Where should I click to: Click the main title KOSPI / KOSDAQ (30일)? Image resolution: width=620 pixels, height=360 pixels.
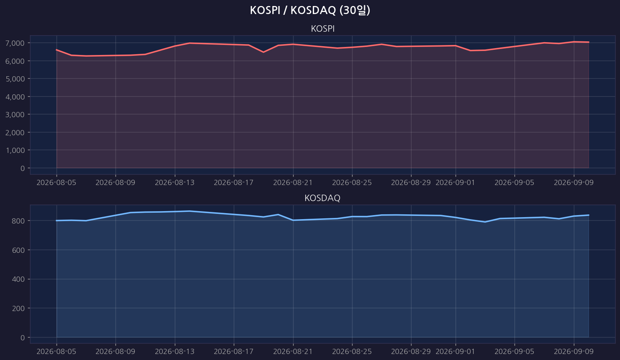pyautogui.click(x=310, y=10)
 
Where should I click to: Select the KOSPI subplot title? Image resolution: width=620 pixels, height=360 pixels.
pyautogui.click(x=323, y=29)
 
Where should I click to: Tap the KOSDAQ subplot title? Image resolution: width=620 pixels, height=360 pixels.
pyautogui.click(x=322, y=198)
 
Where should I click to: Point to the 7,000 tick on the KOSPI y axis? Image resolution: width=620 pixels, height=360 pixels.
pyautogui.click(x=15, y=43)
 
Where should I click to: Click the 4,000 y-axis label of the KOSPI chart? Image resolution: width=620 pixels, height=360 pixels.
pyautogui.click(x=15, y=97)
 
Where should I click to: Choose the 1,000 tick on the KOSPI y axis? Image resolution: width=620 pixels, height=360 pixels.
pyautogui.click(x=15, y=150)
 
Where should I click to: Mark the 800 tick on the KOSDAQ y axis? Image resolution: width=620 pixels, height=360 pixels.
pyautogui.click(x=18, y=221)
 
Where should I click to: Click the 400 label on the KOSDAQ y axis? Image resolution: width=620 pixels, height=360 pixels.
pyautogui.click(x=18, y=279)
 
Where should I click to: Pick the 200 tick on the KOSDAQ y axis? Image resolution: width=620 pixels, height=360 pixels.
pyautogui.click(x=18, y=308)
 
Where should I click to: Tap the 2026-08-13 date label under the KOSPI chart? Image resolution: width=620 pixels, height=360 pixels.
pyautogui.click(x=175, y=183)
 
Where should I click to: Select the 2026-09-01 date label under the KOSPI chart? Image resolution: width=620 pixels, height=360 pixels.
pyautogui.click(x=455, y=183)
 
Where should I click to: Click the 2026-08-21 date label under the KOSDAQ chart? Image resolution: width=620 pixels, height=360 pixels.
pyautogui.click(x=293, y=352)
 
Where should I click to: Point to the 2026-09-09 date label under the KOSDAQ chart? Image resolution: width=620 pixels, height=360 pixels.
pyautogui.click(x=573, y=352)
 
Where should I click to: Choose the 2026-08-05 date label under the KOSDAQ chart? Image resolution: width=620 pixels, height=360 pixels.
pyautogui.click(x=57, y=352)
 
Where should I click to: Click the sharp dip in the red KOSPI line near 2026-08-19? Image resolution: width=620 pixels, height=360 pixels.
pyautogui.click(x=263, y=52)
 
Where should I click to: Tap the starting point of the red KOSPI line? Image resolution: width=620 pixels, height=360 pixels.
pyautogui.click(x=57, y=50)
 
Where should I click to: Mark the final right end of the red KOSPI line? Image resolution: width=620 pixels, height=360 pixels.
pyautogui.click(x=588, y=42)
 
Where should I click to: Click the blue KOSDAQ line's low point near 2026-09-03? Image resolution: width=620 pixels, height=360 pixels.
pyautogui.click(x=485, y=222)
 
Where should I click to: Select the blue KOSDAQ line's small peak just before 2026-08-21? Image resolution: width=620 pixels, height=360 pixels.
pyautogui.click(x=278, y=215)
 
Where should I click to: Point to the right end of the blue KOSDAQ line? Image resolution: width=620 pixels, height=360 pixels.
pyautogui.click(x=588, y=215)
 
